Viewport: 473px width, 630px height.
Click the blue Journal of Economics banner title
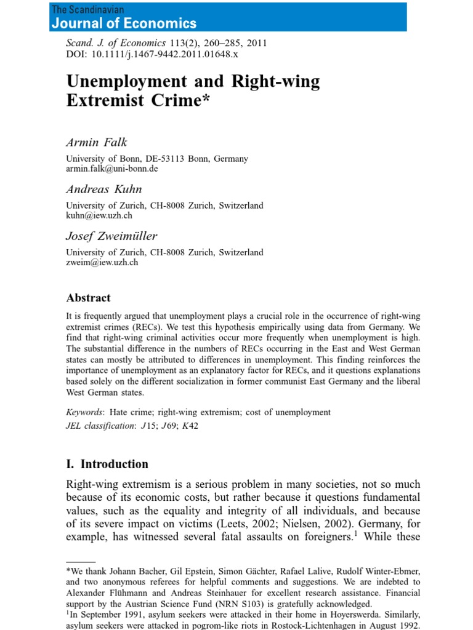click(124, 23)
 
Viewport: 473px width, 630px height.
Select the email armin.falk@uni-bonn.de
click(112, 169)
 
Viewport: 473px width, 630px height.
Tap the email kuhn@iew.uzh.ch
click(99, 215)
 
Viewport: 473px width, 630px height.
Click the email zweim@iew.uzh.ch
click(102, 262)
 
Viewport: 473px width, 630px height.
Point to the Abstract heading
click(89, 298)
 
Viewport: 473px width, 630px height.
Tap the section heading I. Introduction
click(107, 464)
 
